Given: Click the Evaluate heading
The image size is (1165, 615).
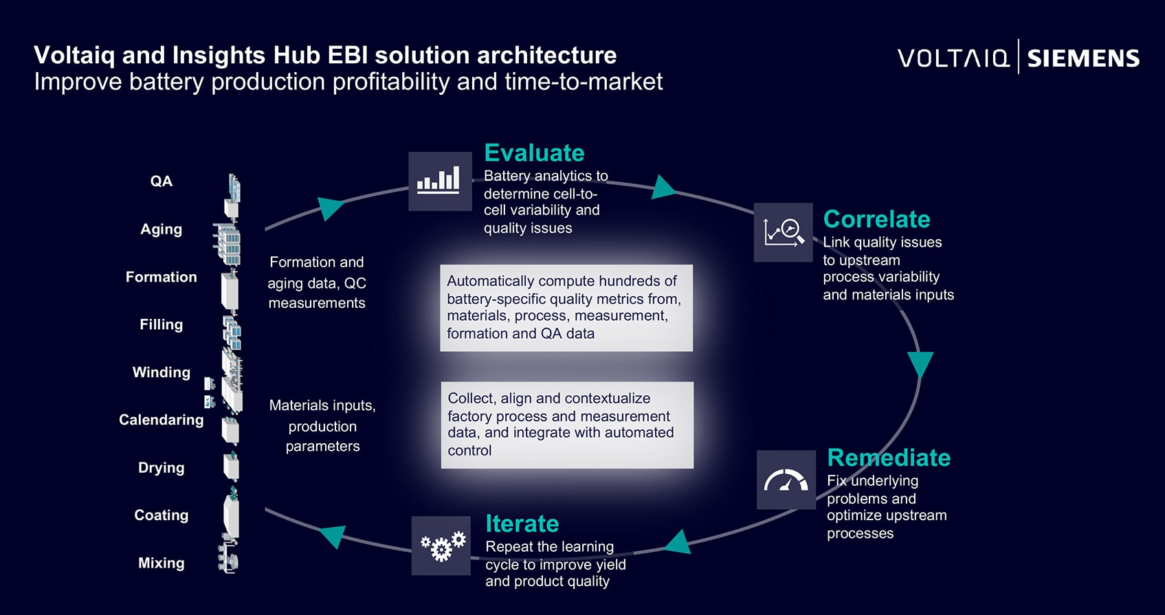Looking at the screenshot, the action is [534, 153].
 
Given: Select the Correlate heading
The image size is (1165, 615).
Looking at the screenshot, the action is [876, 219].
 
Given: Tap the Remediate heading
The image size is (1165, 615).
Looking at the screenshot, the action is [889, 458].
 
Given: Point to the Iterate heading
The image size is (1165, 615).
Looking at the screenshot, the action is [522, 524].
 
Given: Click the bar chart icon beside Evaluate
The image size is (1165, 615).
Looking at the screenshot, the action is [440, 181].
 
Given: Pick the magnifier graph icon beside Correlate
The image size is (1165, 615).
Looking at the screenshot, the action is [784, 232].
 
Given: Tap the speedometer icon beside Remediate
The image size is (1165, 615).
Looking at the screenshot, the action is [786, 480].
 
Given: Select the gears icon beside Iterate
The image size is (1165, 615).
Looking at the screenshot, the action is [441, 546].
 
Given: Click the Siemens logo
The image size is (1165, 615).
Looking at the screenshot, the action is [1083, 58].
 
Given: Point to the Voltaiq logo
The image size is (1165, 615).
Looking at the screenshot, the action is [954, 58].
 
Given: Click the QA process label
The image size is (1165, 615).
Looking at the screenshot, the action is [162, 181].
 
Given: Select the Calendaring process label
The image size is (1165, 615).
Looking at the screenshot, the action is [162, 420].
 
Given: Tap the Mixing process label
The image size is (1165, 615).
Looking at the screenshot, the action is [162, 563].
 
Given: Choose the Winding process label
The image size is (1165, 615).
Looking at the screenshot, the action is [162, 372].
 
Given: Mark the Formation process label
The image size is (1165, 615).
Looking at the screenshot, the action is [162, 277].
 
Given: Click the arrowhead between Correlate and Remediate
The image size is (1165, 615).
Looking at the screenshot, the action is [920, 365].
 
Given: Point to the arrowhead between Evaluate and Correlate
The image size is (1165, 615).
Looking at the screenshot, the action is [663, 187].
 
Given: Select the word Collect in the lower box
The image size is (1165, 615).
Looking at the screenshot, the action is [471, 399].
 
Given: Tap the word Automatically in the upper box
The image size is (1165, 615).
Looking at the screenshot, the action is [491, 281].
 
